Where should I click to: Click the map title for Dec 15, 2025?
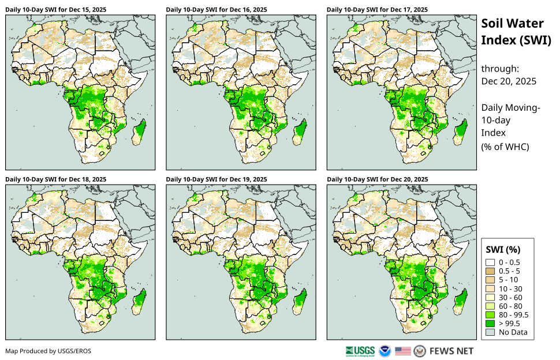point(55,10)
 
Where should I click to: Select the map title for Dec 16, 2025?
point(216,10)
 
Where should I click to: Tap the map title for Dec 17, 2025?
point(377,10)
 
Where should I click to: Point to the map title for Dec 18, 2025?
point(55,179)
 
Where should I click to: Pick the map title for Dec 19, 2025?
point(216,179)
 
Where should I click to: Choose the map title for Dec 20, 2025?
point(377,179)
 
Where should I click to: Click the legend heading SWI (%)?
point(505,250)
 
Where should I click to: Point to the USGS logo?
point(360,351)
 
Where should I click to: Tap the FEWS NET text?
point(451,351)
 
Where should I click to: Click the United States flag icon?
point(403,351)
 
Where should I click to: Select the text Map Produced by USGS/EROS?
point(48,351)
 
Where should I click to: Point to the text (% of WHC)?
point(505,147)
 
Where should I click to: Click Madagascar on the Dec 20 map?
point(461,301)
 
